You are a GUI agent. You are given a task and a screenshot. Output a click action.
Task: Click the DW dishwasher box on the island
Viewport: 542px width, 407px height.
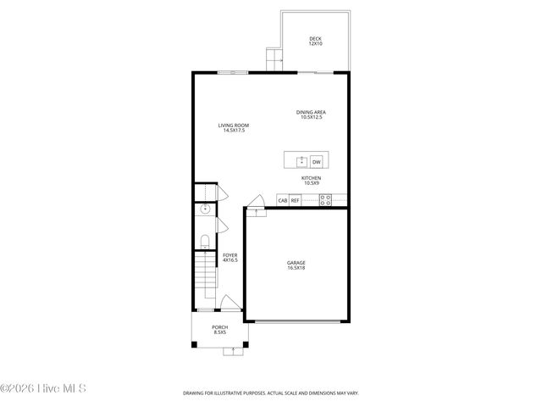tap(317, 161)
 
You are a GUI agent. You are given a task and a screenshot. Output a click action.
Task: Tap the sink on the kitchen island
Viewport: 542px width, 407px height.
tap(300, 161)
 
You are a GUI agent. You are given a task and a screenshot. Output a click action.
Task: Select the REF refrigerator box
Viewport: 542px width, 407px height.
tap(296, 201)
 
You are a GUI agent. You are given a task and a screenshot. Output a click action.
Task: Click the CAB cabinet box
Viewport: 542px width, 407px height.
tap(283, 201)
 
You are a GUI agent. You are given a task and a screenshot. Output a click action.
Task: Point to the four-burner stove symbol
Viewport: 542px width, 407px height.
tap(324, 200)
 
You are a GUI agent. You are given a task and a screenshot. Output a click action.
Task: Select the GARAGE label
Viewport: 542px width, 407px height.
tap(296, 263)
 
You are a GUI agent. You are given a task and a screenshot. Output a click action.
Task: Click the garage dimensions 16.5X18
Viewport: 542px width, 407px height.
tap(296, 269)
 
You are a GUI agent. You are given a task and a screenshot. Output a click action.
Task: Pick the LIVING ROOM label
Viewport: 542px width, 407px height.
tap(234, 125)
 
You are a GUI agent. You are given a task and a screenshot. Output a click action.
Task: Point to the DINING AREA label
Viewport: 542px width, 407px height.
tap(312, 112)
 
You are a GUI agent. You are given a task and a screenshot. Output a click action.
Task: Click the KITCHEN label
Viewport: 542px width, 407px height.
tap(312, 178)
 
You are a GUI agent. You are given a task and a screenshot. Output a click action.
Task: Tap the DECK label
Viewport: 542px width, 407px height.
tap(315, 38)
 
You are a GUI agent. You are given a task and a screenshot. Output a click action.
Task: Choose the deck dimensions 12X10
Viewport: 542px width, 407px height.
tap(315, 44)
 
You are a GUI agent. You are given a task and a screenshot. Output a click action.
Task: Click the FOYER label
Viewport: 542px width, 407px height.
tap(230, 254)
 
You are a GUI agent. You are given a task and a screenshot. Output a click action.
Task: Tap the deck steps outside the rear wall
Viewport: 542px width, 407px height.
tap(273, 59)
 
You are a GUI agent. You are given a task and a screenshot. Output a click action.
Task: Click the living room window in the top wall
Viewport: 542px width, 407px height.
tap(233, 73)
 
